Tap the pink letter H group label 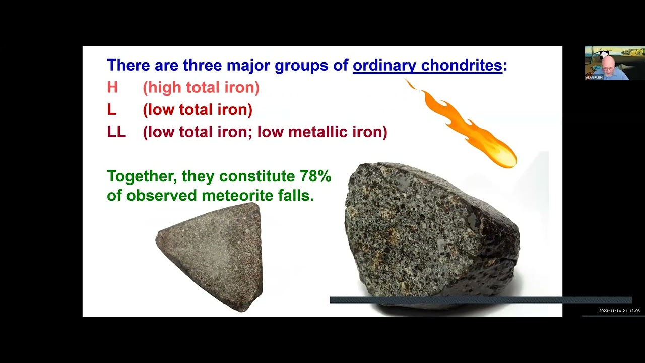[112, 87]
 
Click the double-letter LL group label [116, 132]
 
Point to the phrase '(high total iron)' [201, 87]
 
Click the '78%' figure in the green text [315, 176]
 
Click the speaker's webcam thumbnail [614, 63]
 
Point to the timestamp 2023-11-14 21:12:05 [619, 311]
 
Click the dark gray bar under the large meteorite [480, 300]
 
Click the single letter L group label [111, 110]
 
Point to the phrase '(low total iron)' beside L [198, 110]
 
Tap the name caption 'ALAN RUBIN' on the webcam [594, 78]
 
